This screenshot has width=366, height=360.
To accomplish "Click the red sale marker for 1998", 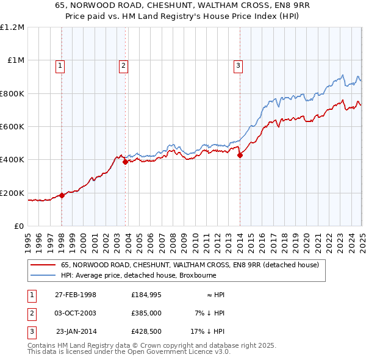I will [62, 196].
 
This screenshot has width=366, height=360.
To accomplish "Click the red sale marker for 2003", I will [125, 162].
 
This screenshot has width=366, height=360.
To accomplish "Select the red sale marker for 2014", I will [240, 155].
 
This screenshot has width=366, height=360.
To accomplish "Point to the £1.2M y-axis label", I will [12, 27].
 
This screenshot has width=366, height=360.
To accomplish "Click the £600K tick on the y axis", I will [12, 127].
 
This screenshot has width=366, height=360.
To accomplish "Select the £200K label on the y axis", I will [12, 193].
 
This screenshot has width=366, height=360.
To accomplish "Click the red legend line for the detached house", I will [42, 265].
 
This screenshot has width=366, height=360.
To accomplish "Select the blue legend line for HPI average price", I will [42, 275].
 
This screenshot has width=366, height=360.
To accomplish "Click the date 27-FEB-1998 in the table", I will [75, 295].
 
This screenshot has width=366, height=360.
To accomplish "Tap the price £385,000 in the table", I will [146, 313].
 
